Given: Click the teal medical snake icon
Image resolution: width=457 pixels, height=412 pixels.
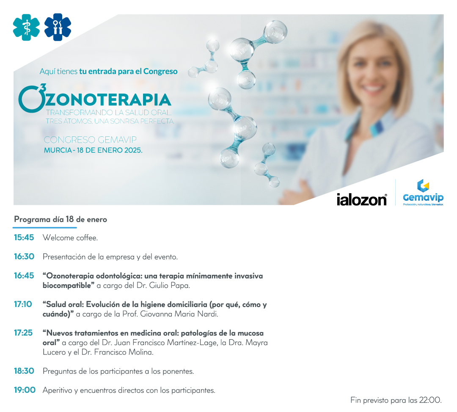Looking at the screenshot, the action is pyautogui.click(x=26, y=28).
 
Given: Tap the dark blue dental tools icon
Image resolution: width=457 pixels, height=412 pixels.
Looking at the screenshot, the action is pyautogui.click(x=58, y=28).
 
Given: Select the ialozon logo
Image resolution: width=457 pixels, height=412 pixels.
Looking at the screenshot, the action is pyautogui.click(x=362, y=200).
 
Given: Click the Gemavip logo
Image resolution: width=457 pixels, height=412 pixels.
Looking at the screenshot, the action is pyautogui.click(x=423, y=193).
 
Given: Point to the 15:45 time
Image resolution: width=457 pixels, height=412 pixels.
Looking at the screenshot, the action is pyautogui.click(x=24, y=238).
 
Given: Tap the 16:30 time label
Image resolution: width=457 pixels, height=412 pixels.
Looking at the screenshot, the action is pyautogui.click(x=24, y=257).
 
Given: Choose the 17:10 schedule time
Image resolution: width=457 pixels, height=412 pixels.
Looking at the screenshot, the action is pyautogui.click(x=23, y=304).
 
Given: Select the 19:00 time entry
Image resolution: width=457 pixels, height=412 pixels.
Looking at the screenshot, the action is pyautogui.click(x=25, y=390).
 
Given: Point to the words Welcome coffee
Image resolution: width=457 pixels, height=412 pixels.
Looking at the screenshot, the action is pyautogui.click(x=70, y=238).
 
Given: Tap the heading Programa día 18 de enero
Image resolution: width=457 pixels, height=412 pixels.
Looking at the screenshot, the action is pyautogui.click(x=61, y=220).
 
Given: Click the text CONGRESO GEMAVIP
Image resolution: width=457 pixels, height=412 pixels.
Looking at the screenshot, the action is pyautogui.click(x=90, y=140).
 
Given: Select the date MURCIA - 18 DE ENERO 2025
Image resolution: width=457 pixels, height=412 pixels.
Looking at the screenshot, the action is pyautogui.click(x=93, y=150).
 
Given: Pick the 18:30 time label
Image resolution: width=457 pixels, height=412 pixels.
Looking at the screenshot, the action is pyautogui.click(x=24, y=371).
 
